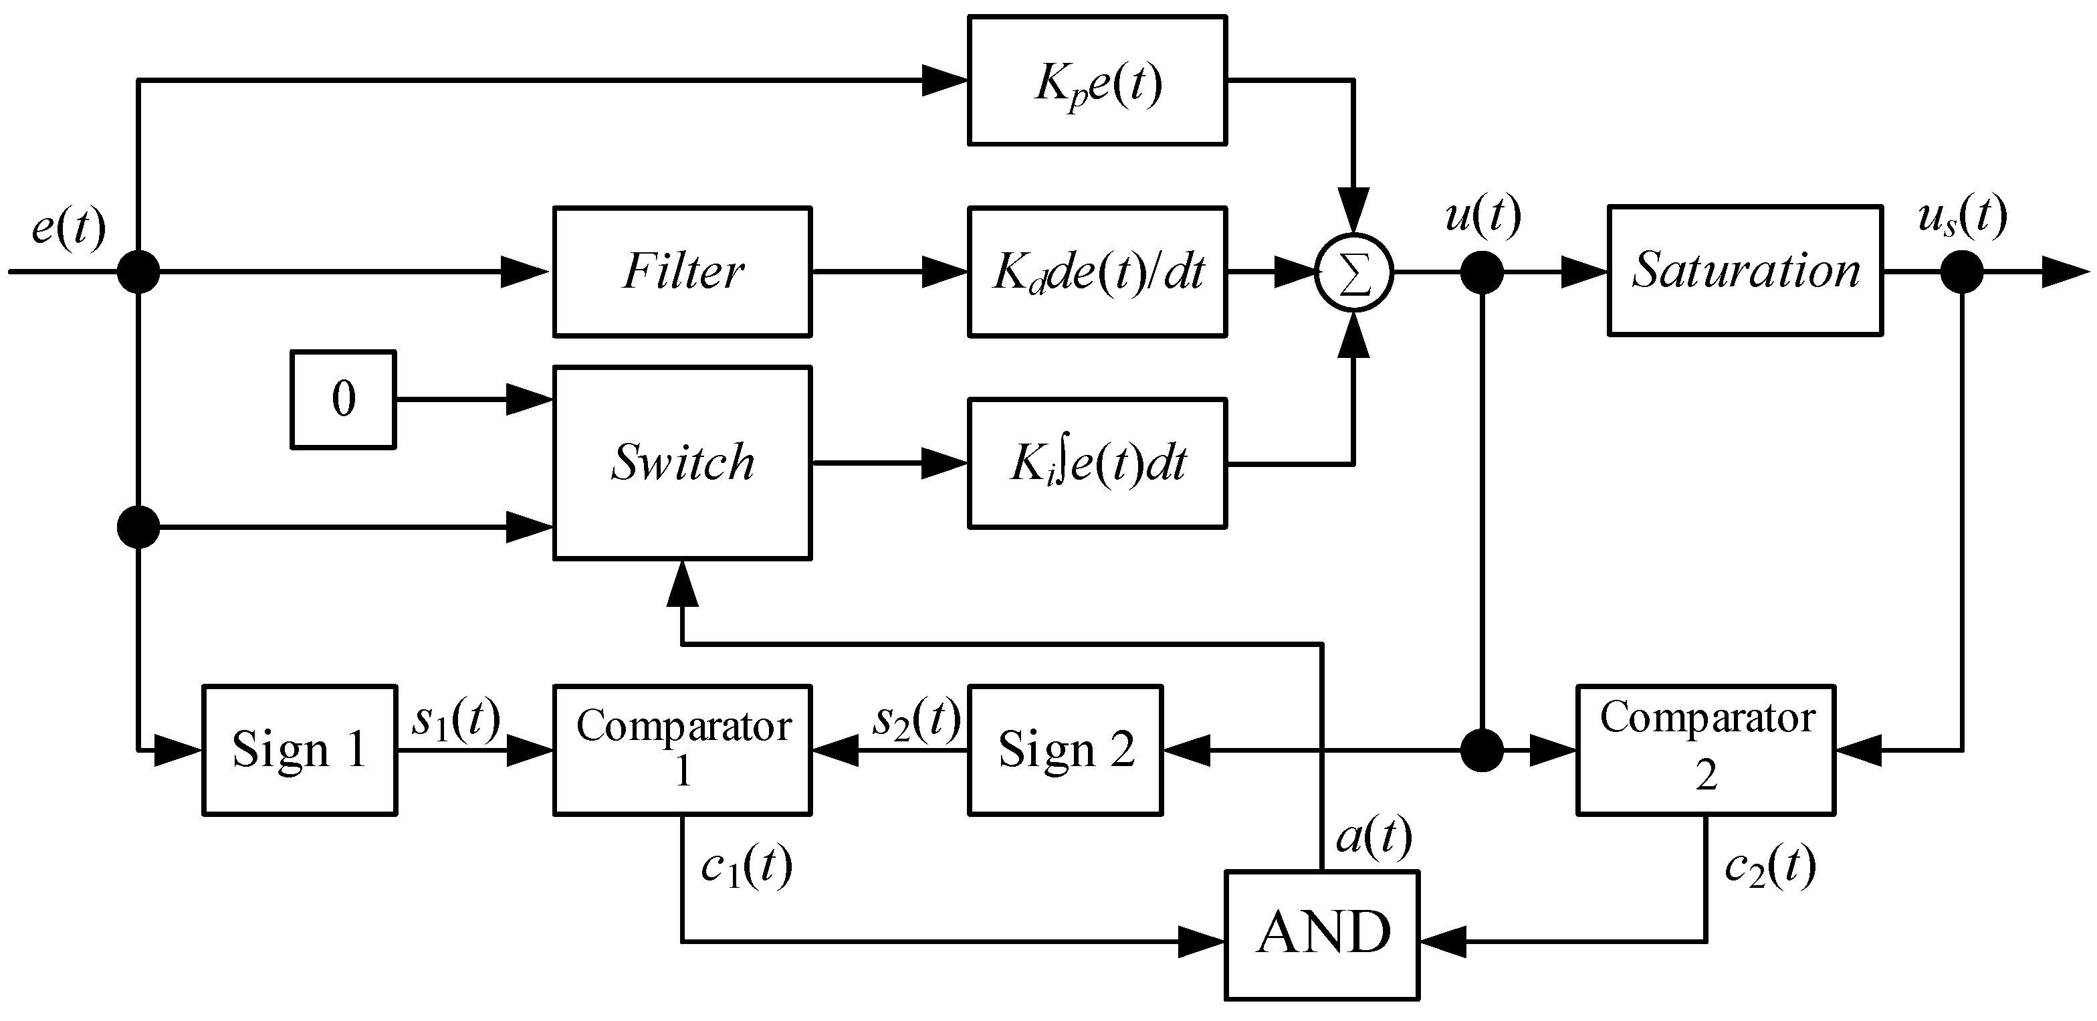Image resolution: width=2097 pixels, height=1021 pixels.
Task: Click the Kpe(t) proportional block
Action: pos(1097,80)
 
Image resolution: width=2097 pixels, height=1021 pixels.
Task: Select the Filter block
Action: pos(682,271)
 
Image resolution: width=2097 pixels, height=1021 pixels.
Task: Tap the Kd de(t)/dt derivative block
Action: pos(1097,271)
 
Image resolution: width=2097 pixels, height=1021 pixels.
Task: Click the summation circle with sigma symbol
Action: pos(1354,273)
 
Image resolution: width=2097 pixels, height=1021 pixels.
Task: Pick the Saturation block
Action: pos(1745,270)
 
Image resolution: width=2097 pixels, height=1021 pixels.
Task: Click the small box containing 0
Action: pos(344,399)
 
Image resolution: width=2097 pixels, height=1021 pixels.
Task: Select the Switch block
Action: pos(682,462)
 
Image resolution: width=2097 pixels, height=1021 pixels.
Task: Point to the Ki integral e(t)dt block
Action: pos(1097,463)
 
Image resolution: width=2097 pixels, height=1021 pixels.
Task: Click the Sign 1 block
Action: pos(299,750)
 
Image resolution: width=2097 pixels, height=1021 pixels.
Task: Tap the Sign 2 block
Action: pos(1065,750)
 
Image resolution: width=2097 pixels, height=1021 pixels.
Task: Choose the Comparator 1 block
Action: pos(682,750)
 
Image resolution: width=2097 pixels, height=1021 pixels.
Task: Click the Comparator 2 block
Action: pos(1705,750)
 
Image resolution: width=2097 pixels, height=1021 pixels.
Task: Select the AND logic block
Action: pos(1322,935)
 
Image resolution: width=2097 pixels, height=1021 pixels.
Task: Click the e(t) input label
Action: pos(69,227)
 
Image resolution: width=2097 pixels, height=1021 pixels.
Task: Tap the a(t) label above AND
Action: pos(1373,837)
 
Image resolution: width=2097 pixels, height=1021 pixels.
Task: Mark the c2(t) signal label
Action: pos(1771,866)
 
